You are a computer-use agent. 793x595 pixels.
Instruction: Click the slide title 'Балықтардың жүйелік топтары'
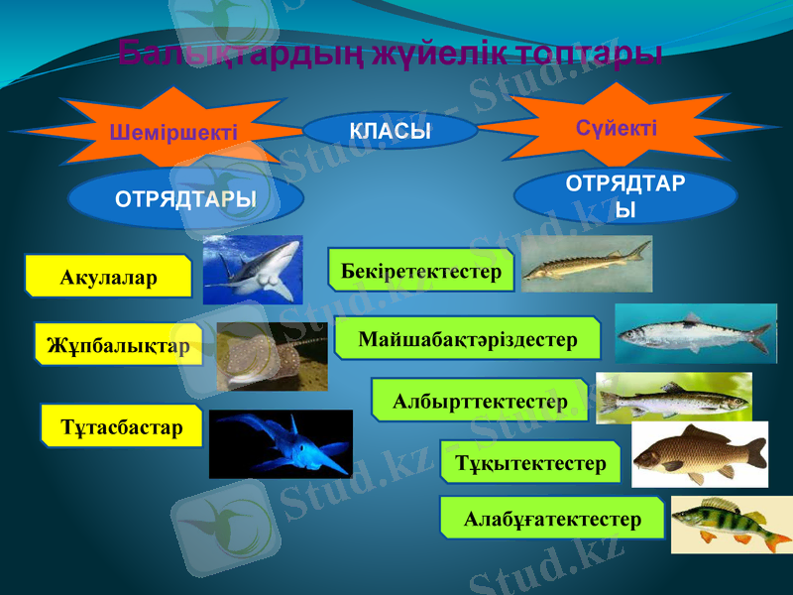point(391,53)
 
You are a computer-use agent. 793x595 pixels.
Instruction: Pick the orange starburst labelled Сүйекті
point(617,127)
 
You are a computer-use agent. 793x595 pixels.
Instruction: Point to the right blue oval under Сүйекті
point(627,196)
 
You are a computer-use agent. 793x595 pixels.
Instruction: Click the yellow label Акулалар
point(109,277)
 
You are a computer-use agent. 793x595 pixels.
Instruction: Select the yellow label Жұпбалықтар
point(118,345)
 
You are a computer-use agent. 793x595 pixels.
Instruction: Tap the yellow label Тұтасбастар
point(122,426)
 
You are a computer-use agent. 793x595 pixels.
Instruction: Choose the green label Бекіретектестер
point(421,271)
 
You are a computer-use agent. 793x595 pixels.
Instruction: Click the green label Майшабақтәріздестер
point(468,339)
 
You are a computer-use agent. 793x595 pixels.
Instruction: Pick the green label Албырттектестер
point(480,401)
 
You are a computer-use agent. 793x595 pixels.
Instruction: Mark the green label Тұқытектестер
point(530,463)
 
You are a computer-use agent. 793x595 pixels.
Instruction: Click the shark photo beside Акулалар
point(252,270)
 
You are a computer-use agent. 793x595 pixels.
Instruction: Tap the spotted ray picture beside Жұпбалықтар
point(272,356)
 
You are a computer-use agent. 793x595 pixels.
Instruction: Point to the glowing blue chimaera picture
point(281,443)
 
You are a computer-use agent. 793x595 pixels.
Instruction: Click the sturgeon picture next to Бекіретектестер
point(586,264)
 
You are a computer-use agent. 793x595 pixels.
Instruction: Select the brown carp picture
point(700,454)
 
